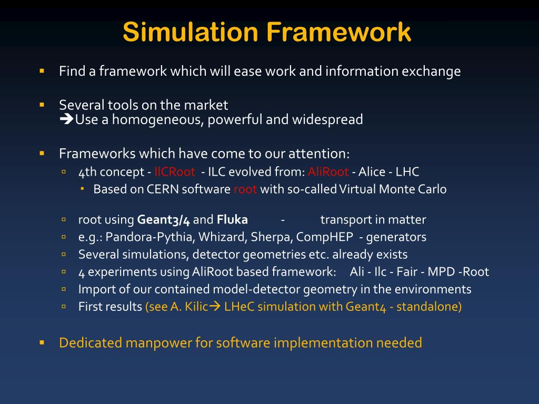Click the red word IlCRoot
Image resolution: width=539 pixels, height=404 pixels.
175,172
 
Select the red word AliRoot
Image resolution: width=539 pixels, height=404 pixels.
328,172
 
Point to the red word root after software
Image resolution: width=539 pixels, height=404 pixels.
245,189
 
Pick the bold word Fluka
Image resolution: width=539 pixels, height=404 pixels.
232,220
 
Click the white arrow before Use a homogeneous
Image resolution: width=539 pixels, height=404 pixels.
66,120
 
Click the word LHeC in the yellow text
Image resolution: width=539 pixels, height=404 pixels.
237,307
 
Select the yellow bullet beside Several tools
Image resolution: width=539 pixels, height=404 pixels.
42,104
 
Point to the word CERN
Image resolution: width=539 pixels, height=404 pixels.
163,189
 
